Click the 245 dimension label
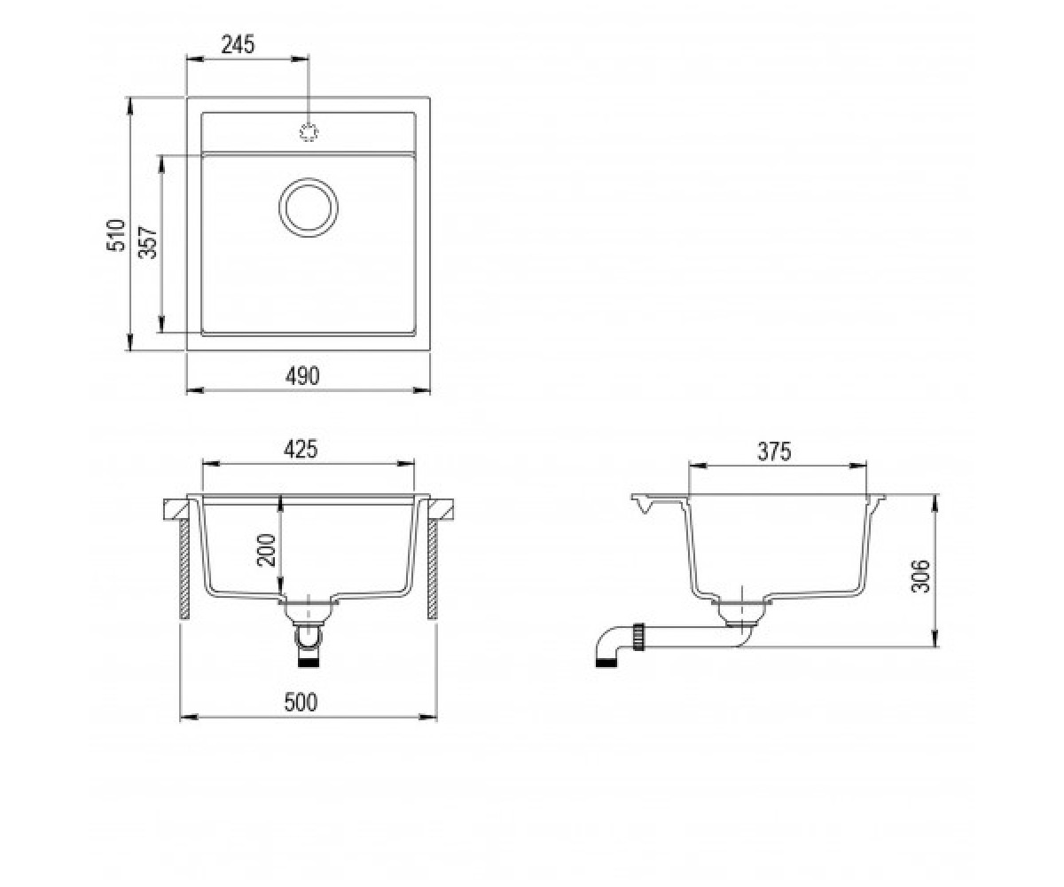(238, 45)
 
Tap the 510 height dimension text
(115, 235)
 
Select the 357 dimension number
(148, 243)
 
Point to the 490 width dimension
(302, 376)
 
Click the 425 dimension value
(301, 449)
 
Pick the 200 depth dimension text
(266, 550)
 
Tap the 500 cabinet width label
(301, 702)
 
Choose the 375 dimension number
(774, 451)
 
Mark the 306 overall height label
(920, 577)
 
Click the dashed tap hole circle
(309, 132)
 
